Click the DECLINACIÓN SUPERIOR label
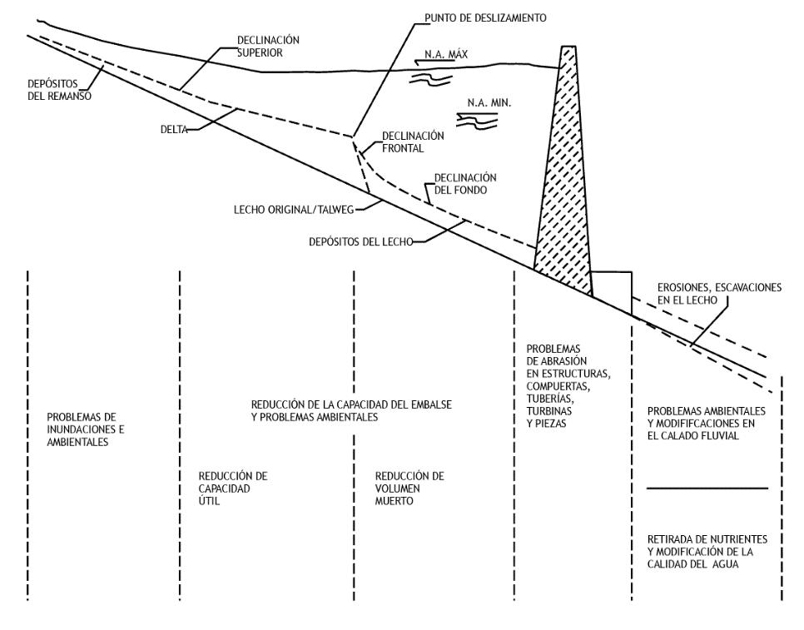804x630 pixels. pos(268,45)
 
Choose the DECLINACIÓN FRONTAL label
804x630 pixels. pos(413,142)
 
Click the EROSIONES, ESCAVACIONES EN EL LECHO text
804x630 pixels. pos(717,294)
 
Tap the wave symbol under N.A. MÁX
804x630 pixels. pos(433,77)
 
